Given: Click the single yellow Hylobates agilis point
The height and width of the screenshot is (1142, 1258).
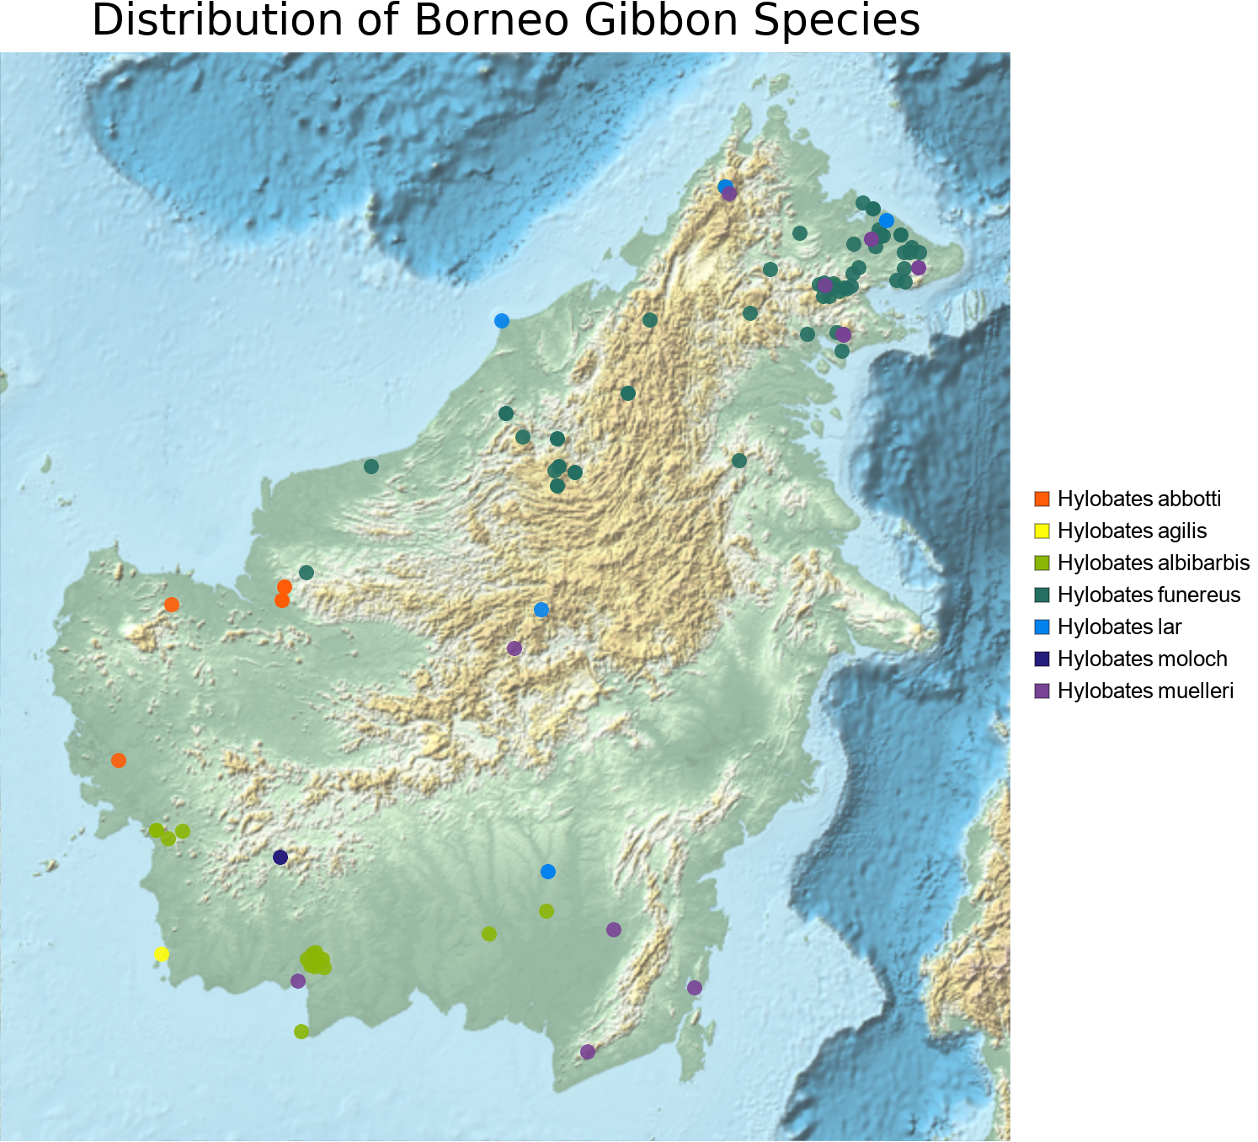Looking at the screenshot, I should pos(162,953).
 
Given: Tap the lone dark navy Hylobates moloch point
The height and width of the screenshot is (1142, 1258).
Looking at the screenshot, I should pos(280,857).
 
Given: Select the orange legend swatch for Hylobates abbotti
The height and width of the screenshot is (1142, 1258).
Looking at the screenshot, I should pos(1042,499).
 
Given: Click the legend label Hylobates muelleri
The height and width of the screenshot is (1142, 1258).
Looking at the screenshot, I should pos(1144,691).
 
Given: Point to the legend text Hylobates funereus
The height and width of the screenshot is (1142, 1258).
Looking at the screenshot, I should pos(1149,595).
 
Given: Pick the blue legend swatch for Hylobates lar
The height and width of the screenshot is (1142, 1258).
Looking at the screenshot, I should pos(1042,627).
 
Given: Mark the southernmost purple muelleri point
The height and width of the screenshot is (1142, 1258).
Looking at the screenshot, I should pos(588,1052).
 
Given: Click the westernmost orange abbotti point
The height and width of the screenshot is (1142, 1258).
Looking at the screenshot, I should pos(119,760).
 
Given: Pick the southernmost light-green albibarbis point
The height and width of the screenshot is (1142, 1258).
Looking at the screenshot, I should pos(301,1032).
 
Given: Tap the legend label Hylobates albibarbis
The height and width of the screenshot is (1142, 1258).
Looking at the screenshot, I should pos(1153,563).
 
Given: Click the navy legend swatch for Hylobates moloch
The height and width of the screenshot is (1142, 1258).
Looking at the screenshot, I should pos(1042,659).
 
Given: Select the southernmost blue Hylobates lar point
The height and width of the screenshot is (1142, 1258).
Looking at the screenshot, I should pos(548,871).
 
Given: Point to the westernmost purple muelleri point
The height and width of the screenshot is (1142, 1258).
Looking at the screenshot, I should pos(297,980).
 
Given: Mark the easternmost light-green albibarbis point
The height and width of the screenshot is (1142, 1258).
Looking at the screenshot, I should pos(546,911).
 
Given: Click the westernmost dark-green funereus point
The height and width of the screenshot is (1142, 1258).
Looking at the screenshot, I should pos(307,573).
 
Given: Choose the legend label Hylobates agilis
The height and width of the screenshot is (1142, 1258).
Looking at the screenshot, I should pos(1132,531).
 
